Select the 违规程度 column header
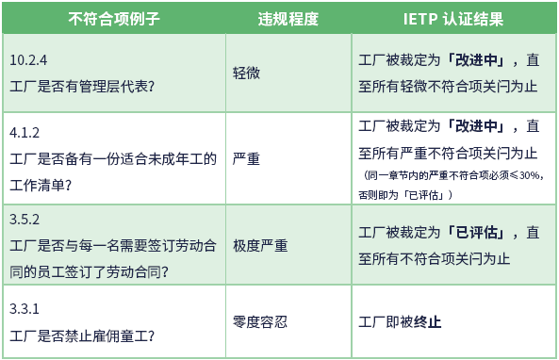coord(288,18)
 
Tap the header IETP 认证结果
coord(453,18)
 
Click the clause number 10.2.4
coord(28,59)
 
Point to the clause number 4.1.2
coord(25,132)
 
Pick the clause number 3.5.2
coord(25,220)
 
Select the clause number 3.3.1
coord(25,308)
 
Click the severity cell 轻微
coord(247,72)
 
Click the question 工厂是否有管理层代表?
coord(82,85)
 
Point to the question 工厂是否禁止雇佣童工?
coord(82,335)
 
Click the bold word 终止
coord(429,321)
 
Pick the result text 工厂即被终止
coord(401,321)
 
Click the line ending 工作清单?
coord(40,184)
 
